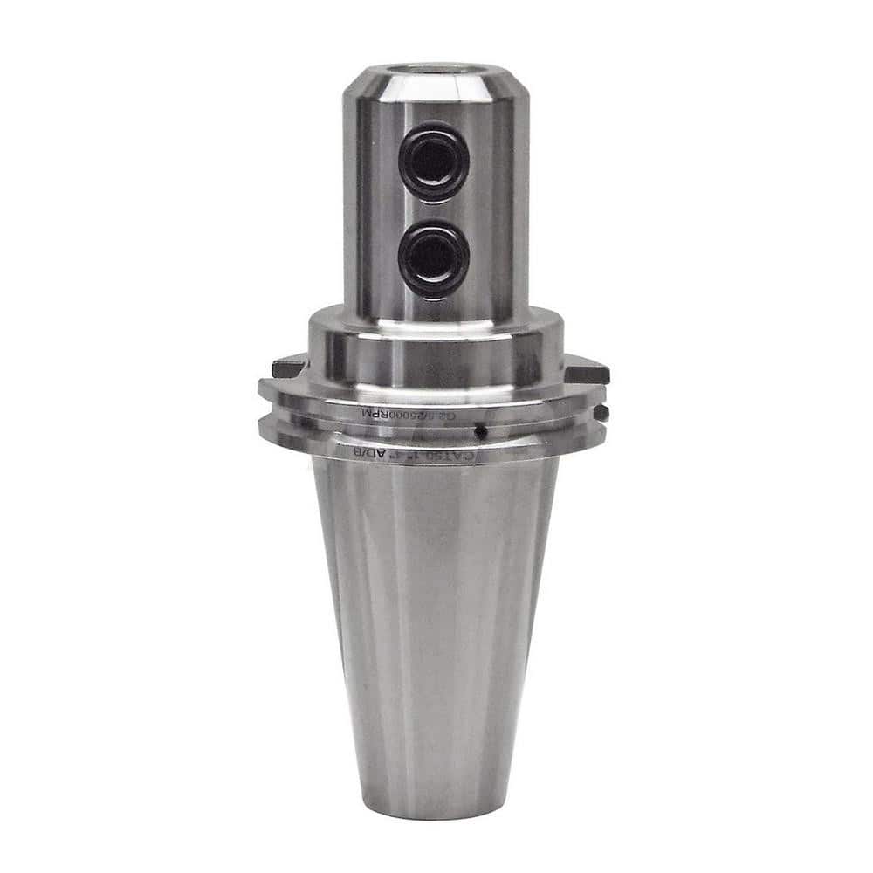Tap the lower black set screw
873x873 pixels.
tap(434, 259)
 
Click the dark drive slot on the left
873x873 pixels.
tap(288, 368)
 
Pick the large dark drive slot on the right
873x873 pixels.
tap(587, 370)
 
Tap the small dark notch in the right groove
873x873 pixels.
tap(600, 409)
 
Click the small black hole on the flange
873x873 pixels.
tap(479, 431)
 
